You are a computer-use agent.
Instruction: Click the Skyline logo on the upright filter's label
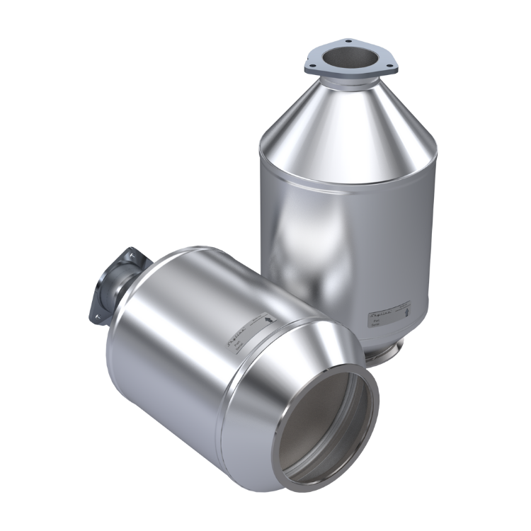point(381,312)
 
